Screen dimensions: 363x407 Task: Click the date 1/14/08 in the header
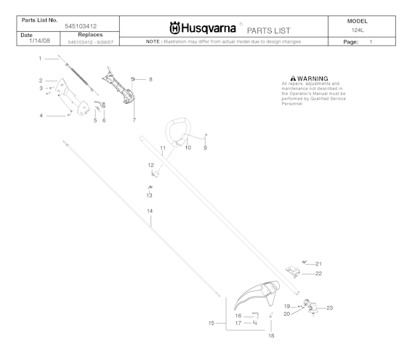(31, 42)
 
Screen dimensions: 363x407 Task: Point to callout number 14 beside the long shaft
(150, 211)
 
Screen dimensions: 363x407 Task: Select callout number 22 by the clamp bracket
(318, 274)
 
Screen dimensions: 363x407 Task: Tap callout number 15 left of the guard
(211, 322)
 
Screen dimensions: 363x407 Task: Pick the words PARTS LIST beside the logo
(270, 30)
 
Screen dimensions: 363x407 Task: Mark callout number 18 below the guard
(270, 336)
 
